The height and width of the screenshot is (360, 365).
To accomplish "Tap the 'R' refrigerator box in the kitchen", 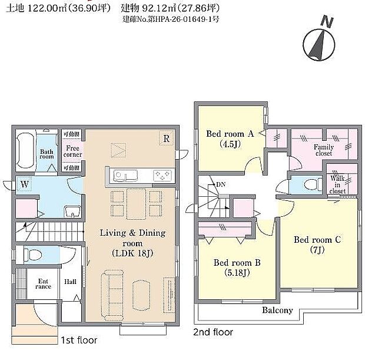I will coord(167,139).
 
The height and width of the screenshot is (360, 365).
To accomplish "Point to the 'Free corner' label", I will coord(73,151).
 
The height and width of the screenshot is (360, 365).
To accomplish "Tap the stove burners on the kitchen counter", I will coord(161,175).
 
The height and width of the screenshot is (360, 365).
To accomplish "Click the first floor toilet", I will coord(34,255).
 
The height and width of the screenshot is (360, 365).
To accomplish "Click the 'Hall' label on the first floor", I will coord(70,282).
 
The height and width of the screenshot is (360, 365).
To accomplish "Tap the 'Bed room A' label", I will coord(230,138).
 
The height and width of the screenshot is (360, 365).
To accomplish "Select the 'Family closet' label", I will coord(323,150).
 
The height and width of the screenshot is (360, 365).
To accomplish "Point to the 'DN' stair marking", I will coord(221,185).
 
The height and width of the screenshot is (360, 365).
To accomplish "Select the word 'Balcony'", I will coord(278,310).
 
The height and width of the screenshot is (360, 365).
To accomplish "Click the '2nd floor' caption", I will coord(213,332).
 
